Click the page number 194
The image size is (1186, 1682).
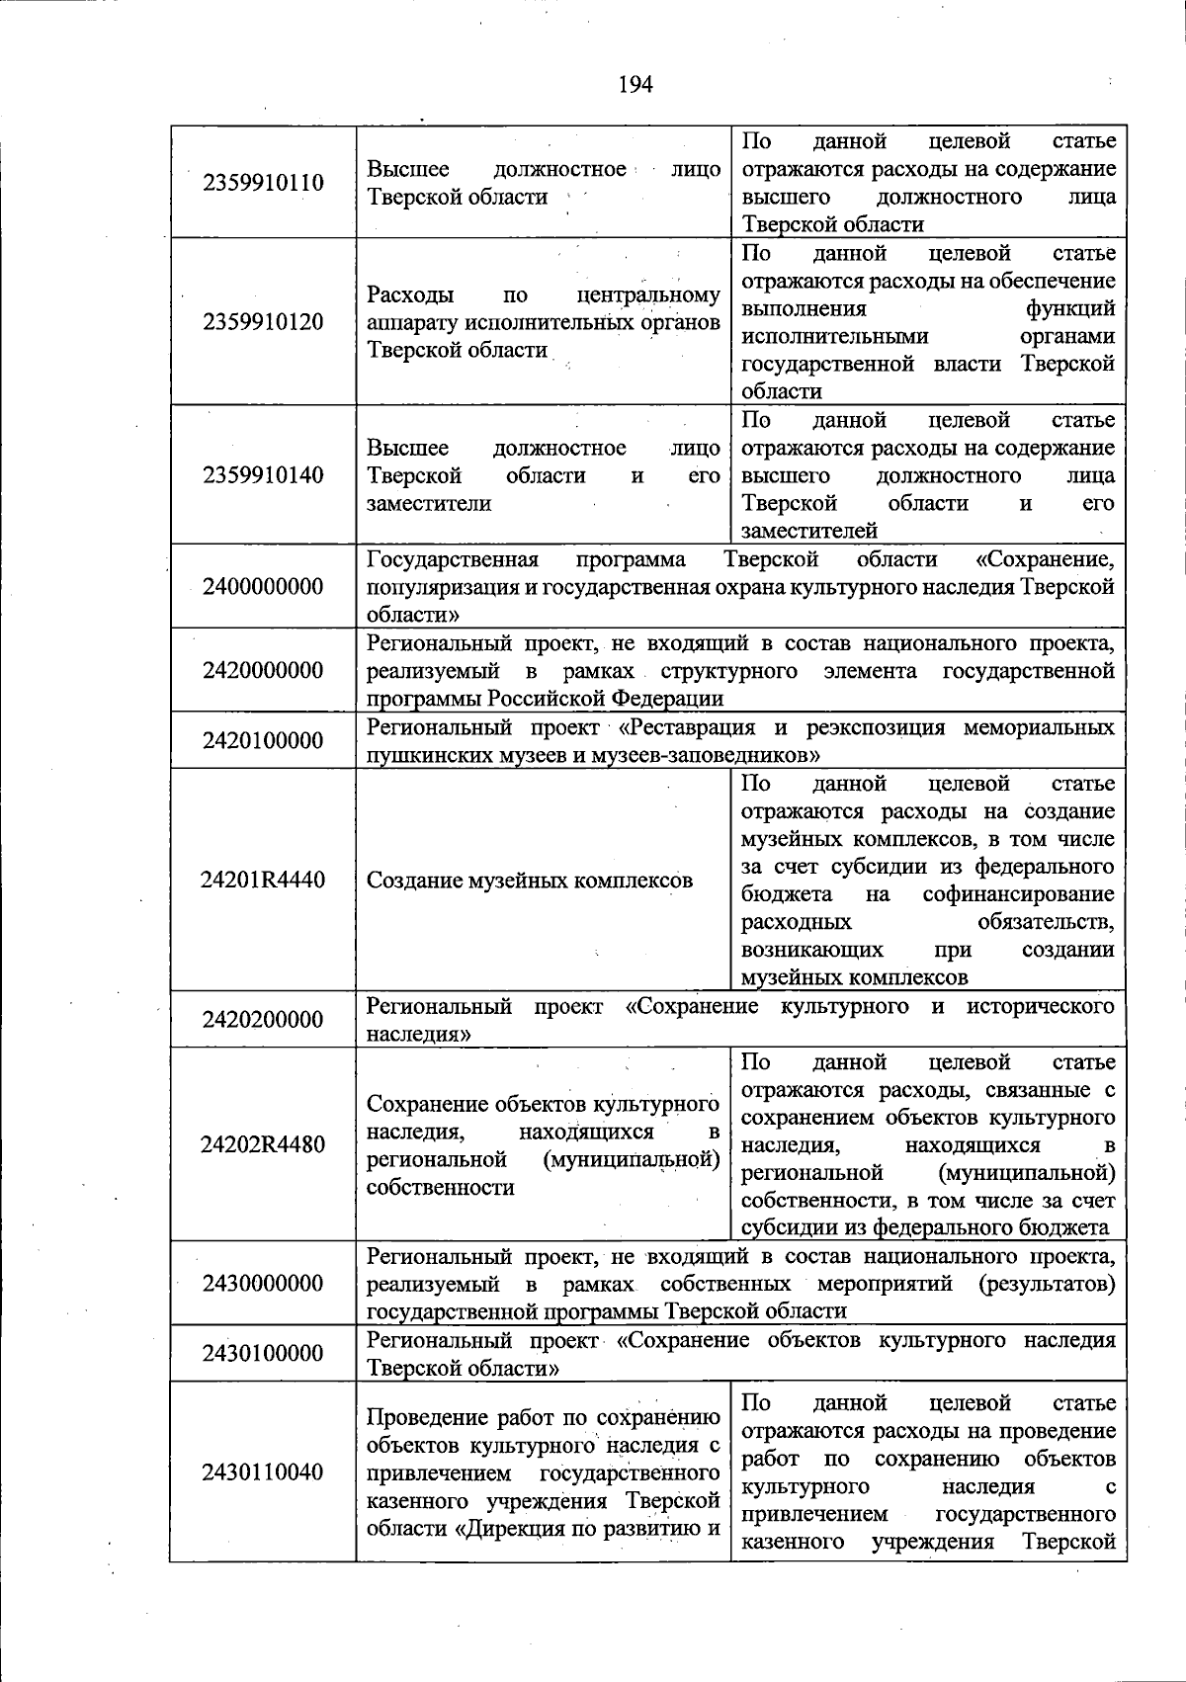pyautogui.click(x=635, y=84)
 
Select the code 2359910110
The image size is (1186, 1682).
pyautogui.click(x=263, y=183)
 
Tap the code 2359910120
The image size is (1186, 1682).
pyautogui.click(x=263, y=322)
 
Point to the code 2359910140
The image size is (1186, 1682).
pyautogui.click(x=263, y=475)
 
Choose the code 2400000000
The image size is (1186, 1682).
pyautogui.click(x=263, y=587)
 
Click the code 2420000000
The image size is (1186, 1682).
pyautogui.click(x=263, y=671)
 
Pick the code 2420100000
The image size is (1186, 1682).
pyautogui.click(x=263, y=741)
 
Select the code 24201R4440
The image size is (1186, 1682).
pyautogui.click(x=263, y=881)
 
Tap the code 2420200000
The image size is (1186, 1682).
pyautogui.click(x=263, y=1020)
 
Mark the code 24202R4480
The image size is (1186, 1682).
pyautogui.click(x=263, y=1145)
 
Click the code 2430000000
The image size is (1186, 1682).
pyautogui.click(x=263, y=1284)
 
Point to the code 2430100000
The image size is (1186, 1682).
pyautogui.click(x=263, y=1354)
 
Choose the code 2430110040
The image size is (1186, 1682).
pyautogui.click(x=263, y=1472)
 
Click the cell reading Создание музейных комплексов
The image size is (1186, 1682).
pyautogui.click(x=530, y=881)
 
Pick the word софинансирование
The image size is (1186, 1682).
pyautogui.click(x=1018, y=894)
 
